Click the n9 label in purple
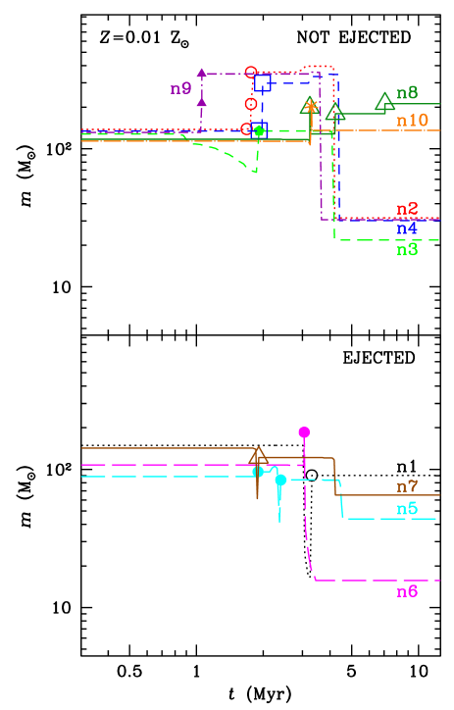pyautogui.click(x=181, y=89)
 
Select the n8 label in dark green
pyautogui.click(x=407, y=93)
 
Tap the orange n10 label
pyautogui.click(x=412, y=121)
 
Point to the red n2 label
pyautogui.click(x=407, y=209)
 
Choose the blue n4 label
pyautogui.click(x=407, y=228)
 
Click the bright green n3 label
pyautogui.click(x=407, y=250)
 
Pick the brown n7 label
pyautogui.click(x=407, y=486)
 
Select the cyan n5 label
pyautogui.click(x=407, y=509)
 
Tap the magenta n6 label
pyautogui.click(x=407, y=591)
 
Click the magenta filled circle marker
pyautogui.click(x=304, y=432)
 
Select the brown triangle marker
pyautogui.click(x=258, y=456)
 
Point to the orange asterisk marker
pyautogui.click(x=311, y=105)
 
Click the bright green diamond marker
pyautogui.click(x=259, y=130)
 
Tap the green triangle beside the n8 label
pyautogui.click(x=384, y=101)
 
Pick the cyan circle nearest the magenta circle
pyautogui.click(x=280, y=480)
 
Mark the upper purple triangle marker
pyautogui.click(x=201, y=73)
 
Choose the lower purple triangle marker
pyautogui.click(x=201, y=101)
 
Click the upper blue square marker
pyautogui.click(x=263, y=82)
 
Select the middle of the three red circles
pyautogui.click(x=251, y=104)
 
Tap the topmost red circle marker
pyautogui.click(x=251, y=73)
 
